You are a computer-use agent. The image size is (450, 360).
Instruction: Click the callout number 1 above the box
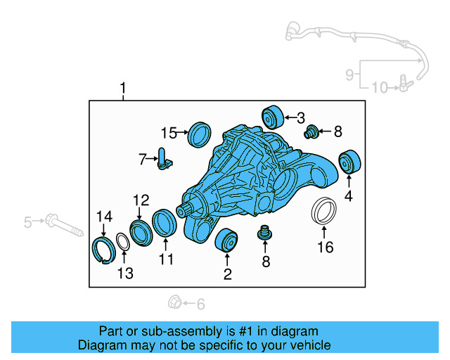[123, 89]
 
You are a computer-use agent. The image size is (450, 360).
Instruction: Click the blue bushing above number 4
[349, 162]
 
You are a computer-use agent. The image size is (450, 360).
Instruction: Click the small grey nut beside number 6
[174, 303]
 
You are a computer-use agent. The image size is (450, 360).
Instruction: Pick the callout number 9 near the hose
[349, 74]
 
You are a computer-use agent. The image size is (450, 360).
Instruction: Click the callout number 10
[379, 88]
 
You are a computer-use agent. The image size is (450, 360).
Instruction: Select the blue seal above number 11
[165, 223]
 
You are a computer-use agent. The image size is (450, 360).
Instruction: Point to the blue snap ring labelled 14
[104, 249]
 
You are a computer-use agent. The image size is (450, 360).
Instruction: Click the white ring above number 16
[323, 212]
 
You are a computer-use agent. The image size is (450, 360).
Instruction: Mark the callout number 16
[324, 247]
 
